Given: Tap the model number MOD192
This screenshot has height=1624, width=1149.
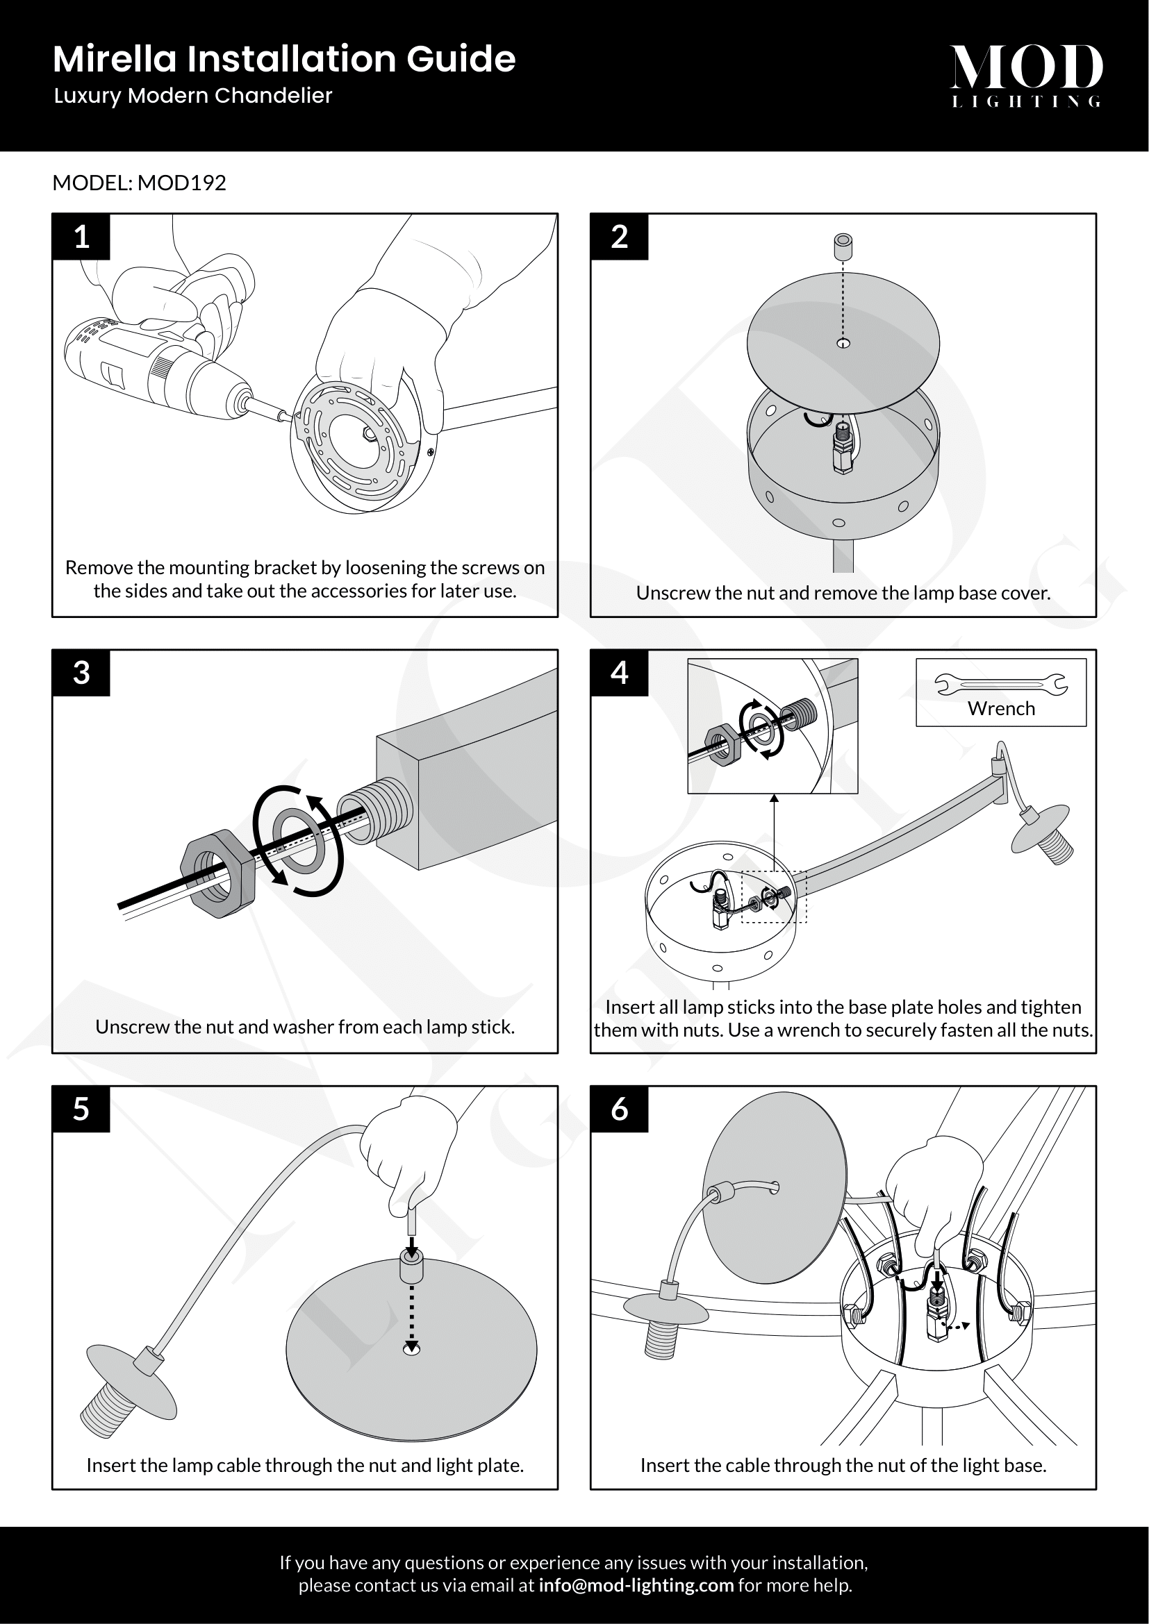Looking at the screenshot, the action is point(182,183).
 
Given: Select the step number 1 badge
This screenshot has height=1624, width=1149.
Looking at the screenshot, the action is point(81,237).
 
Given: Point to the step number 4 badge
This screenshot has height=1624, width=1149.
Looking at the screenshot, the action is point(619,673).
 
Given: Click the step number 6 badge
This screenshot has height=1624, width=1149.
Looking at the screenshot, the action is point(619,1109).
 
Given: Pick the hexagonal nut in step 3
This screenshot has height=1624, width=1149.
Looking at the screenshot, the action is point(213,876).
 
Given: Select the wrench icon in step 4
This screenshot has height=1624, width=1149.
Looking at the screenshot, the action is point(1001,684).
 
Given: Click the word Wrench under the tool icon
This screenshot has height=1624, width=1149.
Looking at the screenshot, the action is point(1001,709).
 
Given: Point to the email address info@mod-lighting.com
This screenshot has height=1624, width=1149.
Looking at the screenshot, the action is point(636,1585).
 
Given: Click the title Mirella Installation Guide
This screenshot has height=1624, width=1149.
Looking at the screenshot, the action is point(284,59).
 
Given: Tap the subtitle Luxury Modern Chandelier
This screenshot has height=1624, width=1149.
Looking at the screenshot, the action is point(193,96).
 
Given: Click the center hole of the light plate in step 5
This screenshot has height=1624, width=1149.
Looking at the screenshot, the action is point(411,1350).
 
